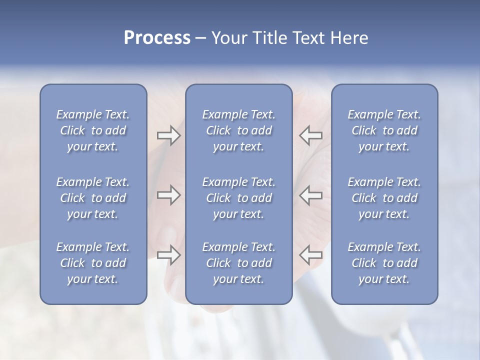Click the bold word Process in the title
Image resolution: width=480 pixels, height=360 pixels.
pos(157,38)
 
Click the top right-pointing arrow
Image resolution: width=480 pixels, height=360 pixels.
pos(168,135)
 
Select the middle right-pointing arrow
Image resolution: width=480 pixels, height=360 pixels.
pos(168,195)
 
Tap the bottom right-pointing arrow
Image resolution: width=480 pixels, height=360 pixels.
pos(168,255)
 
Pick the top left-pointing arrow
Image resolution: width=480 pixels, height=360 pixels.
pos(310,135)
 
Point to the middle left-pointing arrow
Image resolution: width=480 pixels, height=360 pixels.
pos(310,195)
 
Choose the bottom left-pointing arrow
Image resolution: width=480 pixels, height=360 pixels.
pos(310,255)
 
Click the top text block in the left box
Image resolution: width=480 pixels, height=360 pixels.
pos(93,130)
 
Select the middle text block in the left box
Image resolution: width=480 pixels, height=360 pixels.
pos(93,198)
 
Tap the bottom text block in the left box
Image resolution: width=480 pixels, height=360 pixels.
pos(93,263)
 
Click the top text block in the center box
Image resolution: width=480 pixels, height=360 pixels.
pos(238,130)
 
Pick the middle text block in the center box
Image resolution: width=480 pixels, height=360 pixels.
pos(238,198)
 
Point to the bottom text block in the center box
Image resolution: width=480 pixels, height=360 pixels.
pos(238,263)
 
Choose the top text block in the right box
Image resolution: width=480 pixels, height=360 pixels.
pos(384,130)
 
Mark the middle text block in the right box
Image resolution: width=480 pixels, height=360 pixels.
pos(384,198)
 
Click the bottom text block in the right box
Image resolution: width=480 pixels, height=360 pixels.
pos(384,263)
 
